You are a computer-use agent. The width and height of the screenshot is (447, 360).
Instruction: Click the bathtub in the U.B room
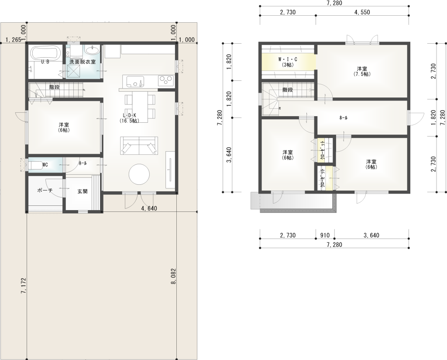[45, 53]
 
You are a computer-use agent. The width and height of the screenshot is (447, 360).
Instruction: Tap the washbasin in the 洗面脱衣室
[93, 51]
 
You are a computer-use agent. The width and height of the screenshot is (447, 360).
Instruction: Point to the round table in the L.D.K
[139, 174]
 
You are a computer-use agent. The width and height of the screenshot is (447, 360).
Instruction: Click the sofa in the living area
[139, 146]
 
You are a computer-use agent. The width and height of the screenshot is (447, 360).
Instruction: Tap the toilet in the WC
[35, 165]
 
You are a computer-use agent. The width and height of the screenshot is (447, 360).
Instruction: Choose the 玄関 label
[83, 191]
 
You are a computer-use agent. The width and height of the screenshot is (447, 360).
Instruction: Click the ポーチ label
[45, 190]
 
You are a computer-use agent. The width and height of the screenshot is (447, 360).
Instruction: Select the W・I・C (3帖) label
[288, 62]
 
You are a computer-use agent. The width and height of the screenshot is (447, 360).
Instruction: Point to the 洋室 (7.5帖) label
[362, 71]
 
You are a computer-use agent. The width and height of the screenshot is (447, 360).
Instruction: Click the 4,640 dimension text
[149, 208]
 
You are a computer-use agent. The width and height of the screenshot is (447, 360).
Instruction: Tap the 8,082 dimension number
[174, 276]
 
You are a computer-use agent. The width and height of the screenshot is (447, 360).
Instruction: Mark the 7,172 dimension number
[24, 286]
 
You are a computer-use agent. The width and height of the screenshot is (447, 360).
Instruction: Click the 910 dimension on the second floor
[325, 235]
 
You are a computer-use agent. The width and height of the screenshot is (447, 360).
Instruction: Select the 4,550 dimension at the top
[362, 12]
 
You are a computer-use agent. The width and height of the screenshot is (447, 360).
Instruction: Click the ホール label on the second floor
[343, 118]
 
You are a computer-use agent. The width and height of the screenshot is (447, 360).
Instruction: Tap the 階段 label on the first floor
[55, 87]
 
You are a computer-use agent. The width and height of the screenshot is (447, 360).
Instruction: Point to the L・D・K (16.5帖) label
[129, 118]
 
